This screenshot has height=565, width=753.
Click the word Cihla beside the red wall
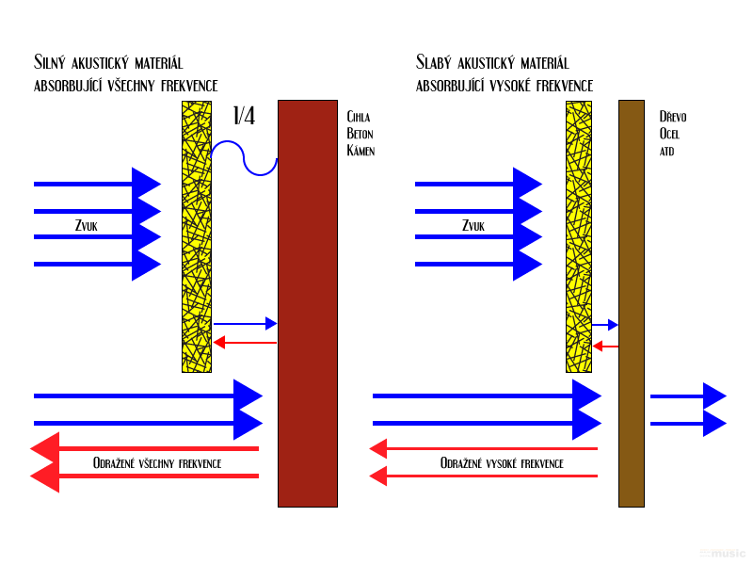pyautogui.click(x=359, y=117)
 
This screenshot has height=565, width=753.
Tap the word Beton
pyautogui.click(x=360, y=134)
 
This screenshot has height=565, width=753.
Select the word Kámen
pyautogui.click(x=360, y=150)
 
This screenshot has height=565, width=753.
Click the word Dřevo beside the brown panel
pyautogui.click(x=673, y=116)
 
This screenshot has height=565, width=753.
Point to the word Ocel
pyautogui.click(x=669, y=134)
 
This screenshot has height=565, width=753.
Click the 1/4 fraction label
pyautogui.click(x=244, y=116)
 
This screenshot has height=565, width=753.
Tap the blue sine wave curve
pyautogui.click(x=244, y=157)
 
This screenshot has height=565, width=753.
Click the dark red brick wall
pyautogui.click(x=308, y=303)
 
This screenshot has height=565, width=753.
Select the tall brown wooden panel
pyautogui.click(x=632, y=303)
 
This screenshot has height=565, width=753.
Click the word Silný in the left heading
pyautogui.click(x=50, y=62)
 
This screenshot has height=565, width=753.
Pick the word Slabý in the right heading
pyautogui.click(x=434, y=62)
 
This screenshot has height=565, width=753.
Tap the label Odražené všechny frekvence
pyautogui.click(x=157, y=463)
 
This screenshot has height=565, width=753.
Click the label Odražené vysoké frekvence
pyautogui.click(x=502, y=463)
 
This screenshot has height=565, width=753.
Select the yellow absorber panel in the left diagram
pyautogui.click(x=197, y=237)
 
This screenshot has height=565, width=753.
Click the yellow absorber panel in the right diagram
pyautogui.click(x=579, y=237)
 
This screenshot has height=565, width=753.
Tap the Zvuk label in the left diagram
pyautogui.click(x=87, y=225)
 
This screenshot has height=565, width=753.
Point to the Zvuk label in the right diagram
pyautogui.click(x=473, y=225)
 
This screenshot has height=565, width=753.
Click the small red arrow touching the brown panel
pyautogui.click(x=605, y=346)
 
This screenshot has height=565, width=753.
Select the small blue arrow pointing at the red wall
pyautogui.click(x=246, y=324)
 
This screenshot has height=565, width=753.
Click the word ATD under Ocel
pyautogui.click(x=666, y=152)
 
